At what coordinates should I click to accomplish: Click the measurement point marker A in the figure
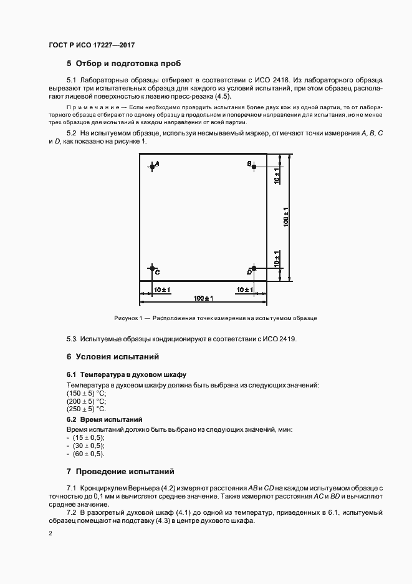point(152,165)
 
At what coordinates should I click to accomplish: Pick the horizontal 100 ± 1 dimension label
point(203,299)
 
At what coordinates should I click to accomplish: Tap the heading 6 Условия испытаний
point(112,357)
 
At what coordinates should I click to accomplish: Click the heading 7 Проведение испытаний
point(120,470)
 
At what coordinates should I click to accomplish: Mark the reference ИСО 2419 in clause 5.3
point(279,339)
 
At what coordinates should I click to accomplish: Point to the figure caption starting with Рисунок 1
point(216,318)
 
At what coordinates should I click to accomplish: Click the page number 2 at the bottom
point(50,533)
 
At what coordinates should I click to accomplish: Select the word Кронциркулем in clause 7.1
point(102,486)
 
